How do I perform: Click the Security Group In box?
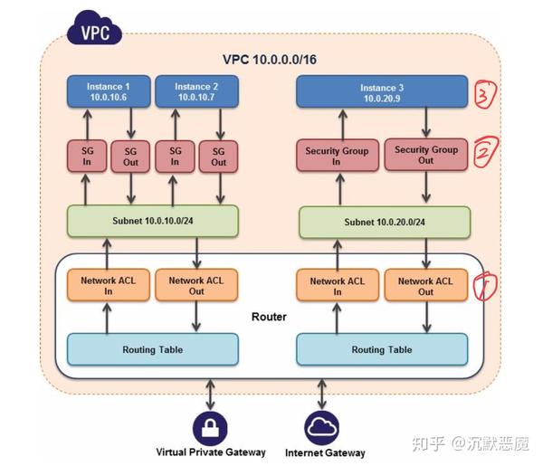pos(337,156)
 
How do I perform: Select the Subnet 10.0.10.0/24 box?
pos(152,221)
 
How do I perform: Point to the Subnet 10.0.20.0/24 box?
pos(384,222)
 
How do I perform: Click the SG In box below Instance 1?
pos(87,156)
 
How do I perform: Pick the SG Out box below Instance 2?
pos(219,156)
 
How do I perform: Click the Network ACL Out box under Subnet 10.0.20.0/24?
pos(425,286)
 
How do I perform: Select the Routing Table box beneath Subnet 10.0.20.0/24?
pos(381,349)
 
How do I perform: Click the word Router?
pos(268,318)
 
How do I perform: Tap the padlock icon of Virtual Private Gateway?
pos(210,426)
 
